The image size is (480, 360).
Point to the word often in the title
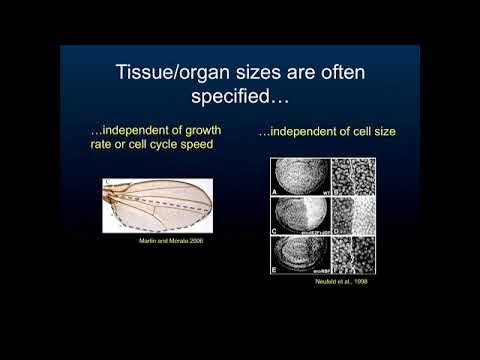click(x=341, y=72)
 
